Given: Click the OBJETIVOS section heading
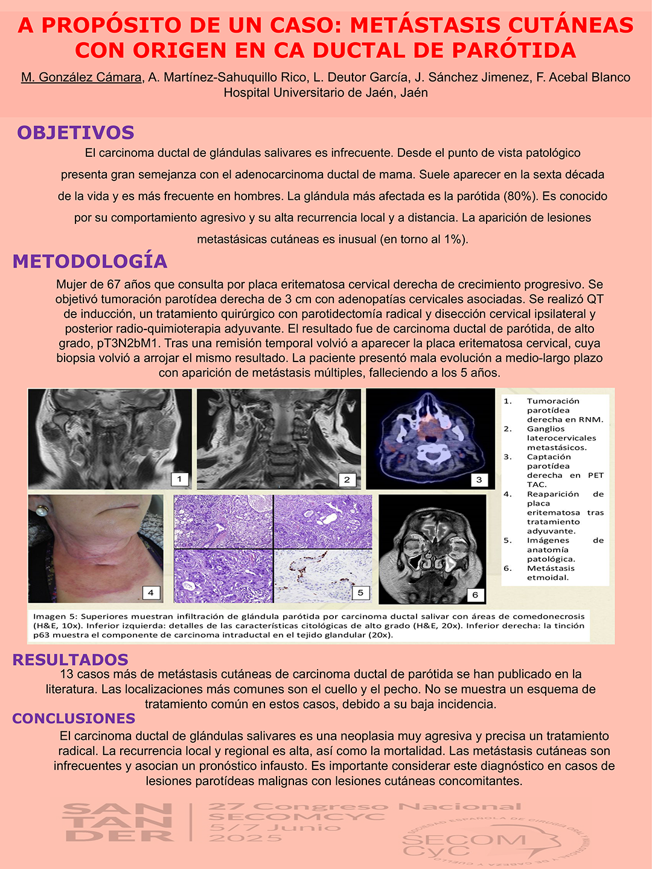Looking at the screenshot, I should [75, 133].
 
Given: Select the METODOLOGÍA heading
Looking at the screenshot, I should [90, 261].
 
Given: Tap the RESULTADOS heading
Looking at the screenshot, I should [71, 660].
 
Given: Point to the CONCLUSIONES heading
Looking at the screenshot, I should [74, 718].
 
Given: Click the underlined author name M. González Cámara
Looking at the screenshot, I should [81, 78].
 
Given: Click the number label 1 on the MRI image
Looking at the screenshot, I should [179, 479].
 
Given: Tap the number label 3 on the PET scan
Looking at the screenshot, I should [479, 480].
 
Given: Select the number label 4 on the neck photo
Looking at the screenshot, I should [151, 593].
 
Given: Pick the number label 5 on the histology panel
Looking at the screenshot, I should [360, 593].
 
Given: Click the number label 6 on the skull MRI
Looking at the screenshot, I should [475, 594].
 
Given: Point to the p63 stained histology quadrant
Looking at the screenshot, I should [323, 576].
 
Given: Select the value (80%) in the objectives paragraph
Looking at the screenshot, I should [520, 196].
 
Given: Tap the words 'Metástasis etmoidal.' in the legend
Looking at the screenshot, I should [548, 573].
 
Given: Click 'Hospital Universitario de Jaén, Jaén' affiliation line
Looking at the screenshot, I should [326, 93].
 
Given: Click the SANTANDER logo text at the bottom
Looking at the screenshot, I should [118, 822].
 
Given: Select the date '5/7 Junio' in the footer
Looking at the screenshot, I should [275, 827].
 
